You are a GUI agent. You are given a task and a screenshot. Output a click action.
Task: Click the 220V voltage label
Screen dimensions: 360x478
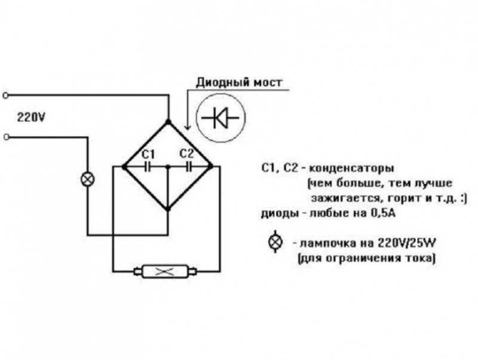32,117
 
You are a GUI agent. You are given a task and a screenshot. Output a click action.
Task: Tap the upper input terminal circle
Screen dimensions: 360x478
7,94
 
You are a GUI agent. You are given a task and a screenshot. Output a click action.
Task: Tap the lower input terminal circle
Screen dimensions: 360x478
7,137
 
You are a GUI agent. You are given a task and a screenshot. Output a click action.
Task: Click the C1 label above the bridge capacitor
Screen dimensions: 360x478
149,152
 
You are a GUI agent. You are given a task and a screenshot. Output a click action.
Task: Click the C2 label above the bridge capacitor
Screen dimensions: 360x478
186,152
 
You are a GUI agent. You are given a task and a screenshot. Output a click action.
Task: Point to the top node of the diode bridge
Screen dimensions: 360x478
168,122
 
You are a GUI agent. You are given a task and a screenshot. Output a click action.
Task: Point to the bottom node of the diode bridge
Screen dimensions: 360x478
168,210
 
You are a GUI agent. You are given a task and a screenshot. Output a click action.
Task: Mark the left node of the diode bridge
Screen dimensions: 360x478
123,166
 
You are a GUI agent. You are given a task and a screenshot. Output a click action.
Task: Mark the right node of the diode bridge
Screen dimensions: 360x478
213,166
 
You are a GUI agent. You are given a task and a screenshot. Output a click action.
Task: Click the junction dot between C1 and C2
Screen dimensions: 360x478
168,166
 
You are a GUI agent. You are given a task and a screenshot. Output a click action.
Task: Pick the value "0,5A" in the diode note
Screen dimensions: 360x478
365,213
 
